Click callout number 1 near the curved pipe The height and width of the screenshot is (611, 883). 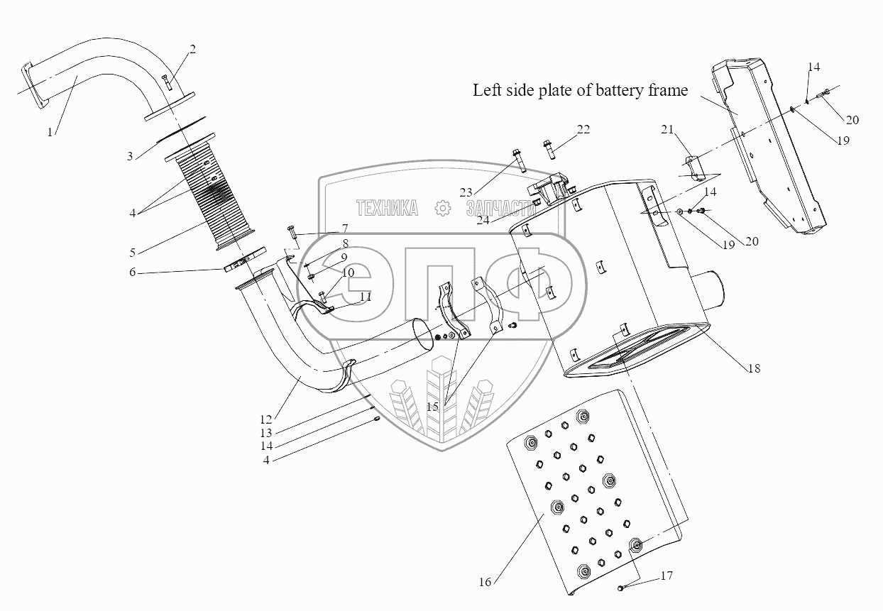pos(50,132)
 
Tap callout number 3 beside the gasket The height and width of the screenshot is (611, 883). pos(130,155)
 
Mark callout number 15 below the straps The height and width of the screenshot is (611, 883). pos(433,407)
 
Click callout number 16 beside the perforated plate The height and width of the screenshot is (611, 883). pos(486,582)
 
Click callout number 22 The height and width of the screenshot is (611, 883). pos(583,129)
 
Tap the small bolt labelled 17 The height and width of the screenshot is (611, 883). pos(620,587)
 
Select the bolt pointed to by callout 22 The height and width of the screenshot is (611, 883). pos(549,148)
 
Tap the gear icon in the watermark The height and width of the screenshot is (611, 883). pos(442,207)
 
